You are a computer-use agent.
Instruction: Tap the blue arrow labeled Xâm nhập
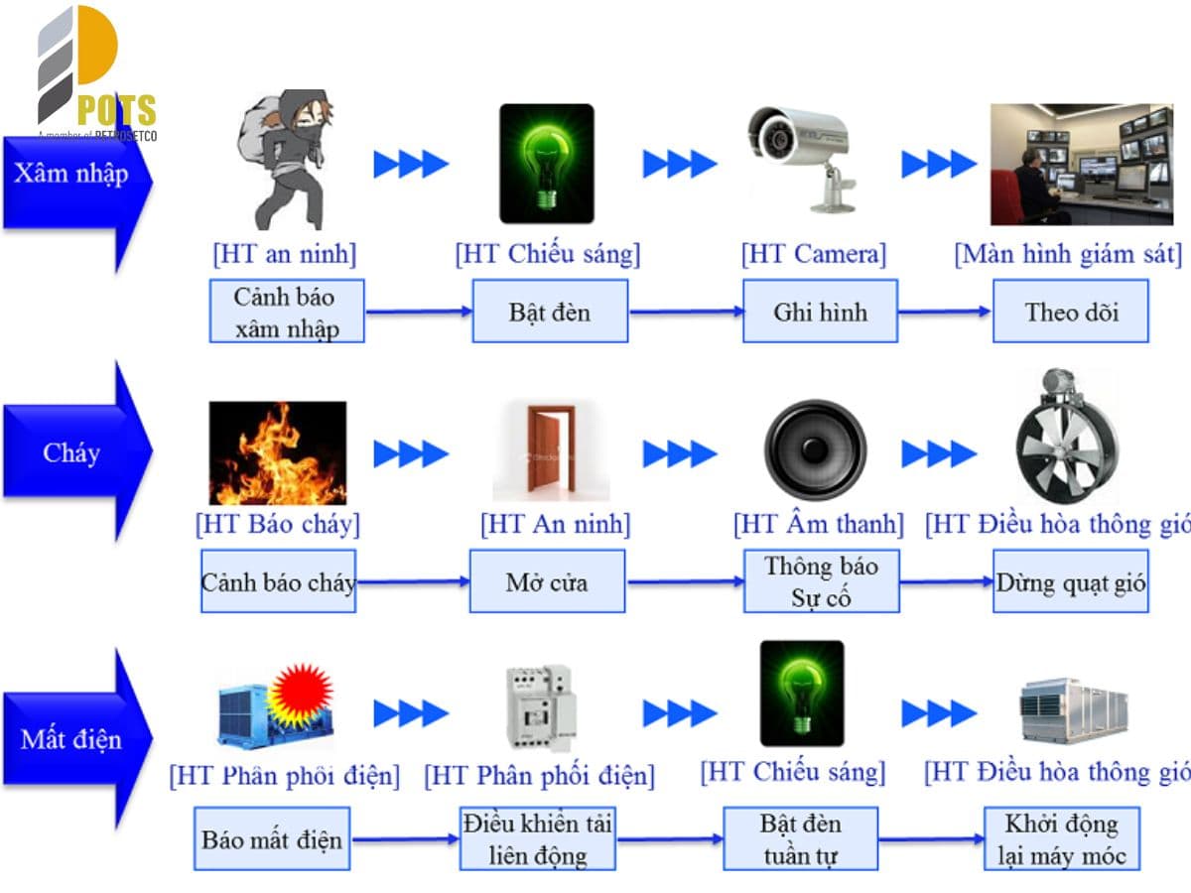[x=74, y=175]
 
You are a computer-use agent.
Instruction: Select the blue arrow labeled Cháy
[x=74, y=453]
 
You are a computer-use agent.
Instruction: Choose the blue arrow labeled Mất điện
[x=74, y=739]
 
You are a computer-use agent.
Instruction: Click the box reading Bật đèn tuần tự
[x=800, y=838]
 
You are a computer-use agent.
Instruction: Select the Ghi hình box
[x=820, y=312]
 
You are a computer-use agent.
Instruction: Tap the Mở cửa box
[x=547, y=581]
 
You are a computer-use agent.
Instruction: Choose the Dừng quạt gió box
[x=1070, y=581]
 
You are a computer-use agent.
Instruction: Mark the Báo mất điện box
[x=272, y=839]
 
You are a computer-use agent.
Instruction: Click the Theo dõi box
[x=1070, y=312]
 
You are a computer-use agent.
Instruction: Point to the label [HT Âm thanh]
[x=818, y=523]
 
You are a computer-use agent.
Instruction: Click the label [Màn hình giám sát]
[x=1068, y=254]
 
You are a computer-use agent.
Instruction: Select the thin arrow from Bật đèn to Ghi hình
[x=686, y=312]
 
